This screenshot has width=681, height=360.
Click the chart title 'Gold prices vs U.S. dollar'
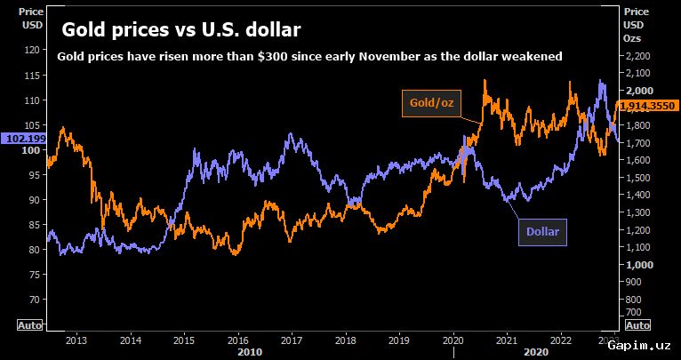tap(181, 30)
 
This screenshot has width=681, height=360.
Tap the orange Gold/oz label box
tap(431, 103)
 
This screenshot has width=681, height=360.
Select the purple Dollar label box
tap(542, 232)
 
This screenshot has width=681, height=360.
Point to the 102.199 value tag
tap(23, 139)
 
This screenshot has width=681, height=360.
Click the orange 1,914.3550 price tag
tap(646, 105)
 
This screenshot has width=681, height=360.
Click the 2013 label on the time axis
tap(76, 339)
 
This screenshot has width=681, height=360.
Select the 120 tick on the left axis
tap(34, 50)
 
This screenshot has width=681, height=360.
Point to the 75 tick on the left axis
tap(36, 275)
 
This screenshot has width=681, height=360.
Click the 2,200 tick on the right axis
tap(637, 56)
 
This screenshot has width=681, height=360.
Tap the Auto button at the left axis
tap(29, 324)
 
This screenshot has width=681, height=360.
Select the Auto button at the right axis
tap(637, 324)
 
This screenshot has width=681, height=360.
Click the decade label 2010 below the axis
tap(250, 351)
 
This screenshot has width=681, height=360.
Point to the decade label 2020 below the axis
tap(536, 351)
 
